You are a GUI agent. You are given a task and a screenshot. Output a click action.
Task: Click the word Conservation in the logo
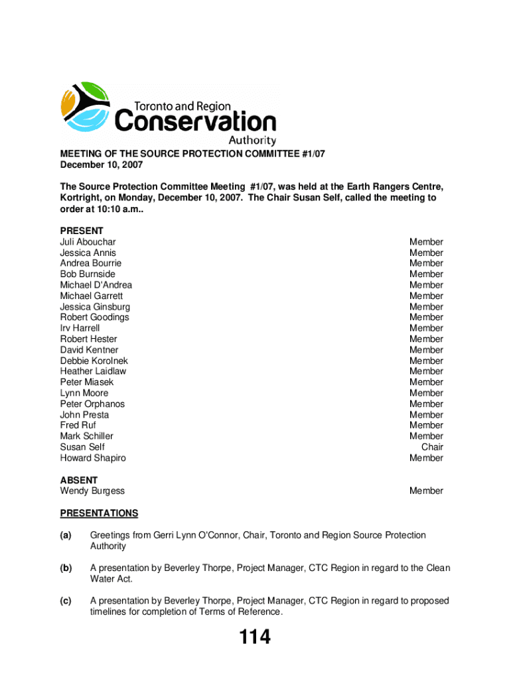[x=196, y=122]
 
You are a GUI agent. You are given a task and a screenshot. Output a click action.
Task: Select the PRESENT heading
[x=82, y=231]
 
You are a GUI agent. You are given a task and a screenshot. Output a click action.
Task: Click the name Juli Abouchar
[x=88, y=242]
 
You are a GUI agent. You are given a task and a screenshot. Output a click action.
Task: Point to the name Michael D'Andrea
[x=96, y=285]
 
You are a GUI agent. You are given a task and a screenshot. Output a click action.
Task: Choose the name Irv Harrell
[x=80, y=328]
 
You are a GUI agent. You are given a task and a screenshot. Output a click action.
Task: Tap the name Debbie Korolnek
[x=94, y=361]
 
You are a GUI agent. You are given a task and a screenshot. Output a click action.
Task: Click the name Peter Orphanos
[x=92, y=404]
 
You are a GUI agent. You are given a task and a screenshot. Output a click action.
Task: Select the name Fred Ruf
[x=78, y=425]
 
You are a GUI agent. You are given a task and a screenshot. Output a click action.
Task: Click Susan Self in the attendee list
[x=82, y=447]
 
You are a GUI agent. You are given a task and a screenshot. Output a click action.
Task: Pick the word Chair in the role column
[x=432, y=447]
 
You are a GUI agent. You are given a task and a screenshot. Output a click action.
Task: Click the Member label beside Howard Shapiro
[x=426, y=458]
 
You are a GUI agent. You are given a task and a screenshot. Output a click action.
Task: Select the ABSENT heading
[x=79, y=480]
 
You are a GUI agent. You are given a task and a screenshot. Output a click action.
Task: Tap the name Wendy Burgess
[x=92, y=491]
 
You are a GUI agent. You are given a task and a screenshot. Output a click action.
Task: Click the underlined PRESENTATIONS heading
[x=99, y=513]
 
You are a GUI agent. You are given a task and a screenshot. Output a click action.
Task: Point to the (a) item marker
[x=66, y=535]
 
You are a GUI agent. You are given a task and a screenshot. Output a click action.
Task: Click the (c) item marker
[x=66, y=601]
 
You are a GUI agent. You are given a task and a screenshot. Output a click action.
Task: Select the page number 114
[x=255, y=637]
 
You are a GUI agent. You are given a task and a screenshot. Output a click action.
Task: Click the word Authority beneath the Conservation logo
[x=252, y=141]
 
